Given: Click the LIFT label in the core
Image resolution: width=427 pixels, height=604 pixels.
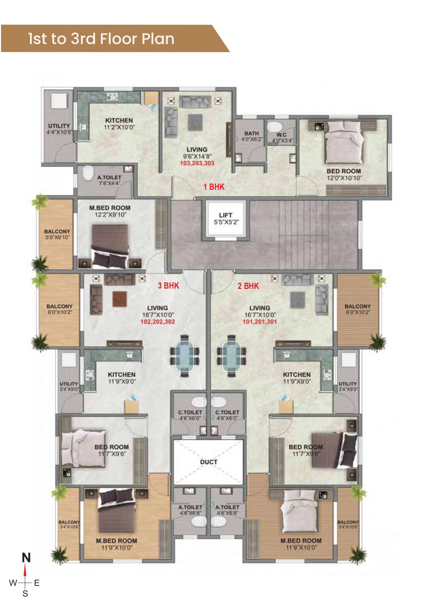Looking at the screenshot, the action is (x=225, y=215).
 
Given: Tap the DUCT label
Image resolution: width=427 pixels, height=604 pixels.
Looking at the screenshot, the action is (x=209, y=462).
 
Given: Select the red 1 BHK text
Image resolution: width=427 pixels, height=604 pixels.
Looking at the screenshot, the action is (x=214, y=187).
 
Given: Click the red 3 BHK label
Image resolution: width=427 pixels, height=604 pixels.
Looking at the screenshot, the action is (x=168, y=285).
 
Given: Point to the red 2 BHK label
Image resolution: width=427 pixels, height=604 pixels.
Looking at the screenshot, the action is (x=248, y=286).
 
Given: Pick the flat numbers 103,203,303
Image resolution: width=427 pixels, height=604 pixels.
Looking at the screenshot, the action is (x=197, y=163).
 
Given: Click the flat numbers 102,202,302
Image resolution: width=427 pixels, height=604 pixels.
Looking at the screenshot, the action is (x=158, y=322).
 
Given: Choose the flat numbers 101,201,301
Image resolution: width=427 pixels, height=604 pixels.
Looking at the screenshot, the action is (x=260, y=322).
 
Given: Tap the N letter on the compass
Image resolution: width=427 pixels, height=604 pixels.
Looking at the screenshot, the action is (x=26, y=558).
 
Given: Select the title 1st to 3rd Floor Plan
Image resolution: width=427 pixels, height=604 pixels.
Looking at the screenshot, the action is (x=101, y=39).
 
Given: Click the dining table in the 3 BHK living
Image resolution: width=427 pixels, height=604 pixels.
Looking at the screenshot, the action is (x=185, y=356).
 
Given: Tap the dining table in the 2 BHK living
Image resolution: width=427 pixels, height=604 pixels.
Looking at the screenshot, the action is (x=231, y=356).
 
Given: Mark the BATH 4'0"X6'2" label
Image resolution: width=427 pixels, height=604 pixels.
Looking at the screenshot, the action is (x=252, y=136).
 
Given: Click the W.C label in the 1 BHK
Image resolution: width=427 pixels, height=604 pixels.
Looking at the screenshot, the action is (x=281, y=135).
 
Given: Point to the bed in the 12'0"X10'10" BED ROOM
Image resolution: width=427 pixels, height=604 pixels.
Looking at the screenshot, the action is (x=344, y=142).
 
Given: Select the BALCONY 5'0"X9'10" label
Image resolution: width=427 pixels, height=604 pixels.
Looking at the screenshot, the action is (x=57, y=234).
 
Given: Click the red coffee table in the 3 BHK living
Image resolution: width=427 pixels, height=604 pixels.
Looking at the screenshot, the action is (x=120, y=299).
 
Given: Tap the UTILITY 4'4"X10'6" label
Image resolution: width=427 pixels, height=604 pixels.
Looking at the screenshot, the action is (x=59, y=129).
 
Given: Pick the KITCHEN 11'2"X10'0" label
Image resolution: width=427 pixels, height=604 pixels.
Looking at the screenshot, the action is (x=119, y=124).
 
